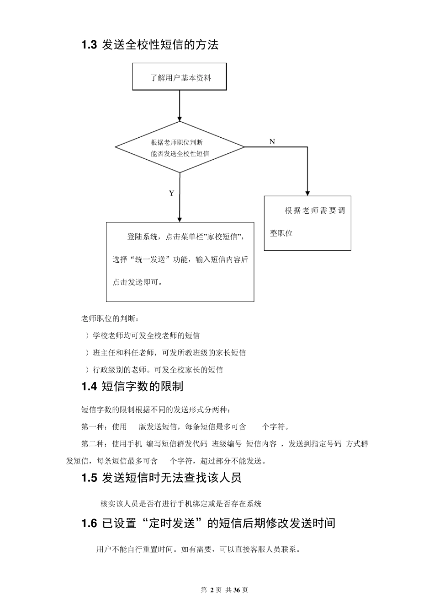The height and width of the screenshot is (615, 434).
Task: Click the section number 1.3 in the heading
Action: pos(89,45)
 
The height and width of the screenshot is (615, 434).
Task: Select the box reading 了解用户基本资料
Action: pos(180,77)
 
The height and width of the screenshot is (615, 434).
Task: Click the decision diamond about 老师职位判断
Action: pos(180,147)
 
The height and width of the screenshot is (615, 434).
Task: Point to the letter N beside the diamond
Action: pos(272,142)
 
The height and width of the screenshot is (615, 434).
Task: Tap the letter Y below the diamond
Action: pos(171,194)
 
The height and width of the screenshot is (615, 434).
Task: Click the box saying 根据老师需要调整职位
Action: pos(307,223)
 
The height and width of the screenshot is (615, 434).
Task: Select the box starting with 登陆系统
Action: pos(180,261)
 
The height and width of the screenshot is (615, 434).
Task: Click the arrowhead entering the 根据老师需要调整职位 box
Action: pos(307,193)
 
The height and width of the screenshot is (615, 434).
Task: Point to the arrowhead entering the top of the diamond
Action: pos(180,118)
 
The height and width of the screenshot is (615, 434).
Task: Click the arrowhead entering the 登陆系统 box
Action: pos(180,219)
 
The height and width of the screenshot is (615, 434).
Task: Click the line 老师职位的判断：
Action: pos(111,318)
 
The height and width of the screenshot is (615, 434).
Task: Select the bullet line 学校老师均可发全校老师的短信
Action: pos(143,336)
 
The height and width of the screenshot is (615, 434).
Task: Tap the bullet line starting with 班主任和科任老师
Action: pos(165,353)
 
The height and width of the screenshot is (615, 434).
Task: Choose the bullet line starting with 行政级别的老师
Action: pos(154,370)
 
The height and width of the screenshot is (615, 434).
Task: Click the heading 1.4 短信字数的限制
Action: pos(132,387)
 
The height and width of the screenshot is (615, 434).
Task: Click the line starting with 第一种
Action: pos(185,427)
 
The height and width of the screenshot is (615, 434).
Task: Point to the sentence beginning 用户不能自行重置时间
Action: pos(198,549)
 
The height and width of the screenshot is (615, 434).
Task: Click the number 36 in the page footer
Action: pos(237,590)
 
